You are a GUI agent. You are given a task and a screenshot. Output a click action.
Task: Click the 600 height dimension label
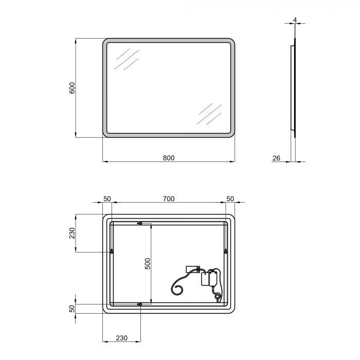(x=73, y=88)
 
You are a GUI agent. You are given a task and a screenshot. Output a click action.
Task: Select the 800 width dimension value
(x=169, y=158)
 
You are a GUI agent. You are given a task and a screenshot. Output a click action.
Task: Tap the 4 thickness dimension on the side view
(x=295, y=20)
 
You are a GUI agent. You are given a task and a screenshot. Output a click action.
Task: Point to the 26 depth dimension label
(x=276, y=158)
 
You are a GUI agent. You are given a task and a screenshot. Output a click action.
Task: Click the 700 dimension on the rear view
(x=169, y=199)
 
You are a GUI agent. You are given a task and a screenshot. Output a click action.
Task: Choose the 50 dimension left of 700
(x=107, y=199)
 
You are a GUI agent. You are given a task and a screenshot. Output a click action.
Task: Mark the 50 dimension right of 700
(x=230, y=199)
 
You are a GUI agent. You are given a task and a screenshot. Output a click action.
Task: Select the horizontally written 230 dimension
(x=121, y=338)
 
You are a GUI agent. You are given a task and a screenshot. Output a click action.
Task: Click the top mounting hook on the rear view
(x=139, y=223)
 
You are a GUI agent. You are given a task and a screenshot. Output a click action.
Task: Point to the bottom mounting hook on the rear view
(x=139, y=304)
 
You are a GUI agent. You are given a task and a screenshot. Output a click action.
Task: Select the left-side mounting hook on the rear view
(x=111, y=251)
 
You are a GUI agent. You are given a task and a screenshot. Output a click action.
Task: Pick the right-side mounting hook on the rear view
(x=226, y=251)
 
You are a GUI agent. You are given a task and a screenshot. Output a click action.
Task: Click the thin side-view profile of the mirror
(x=294, y=87)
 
